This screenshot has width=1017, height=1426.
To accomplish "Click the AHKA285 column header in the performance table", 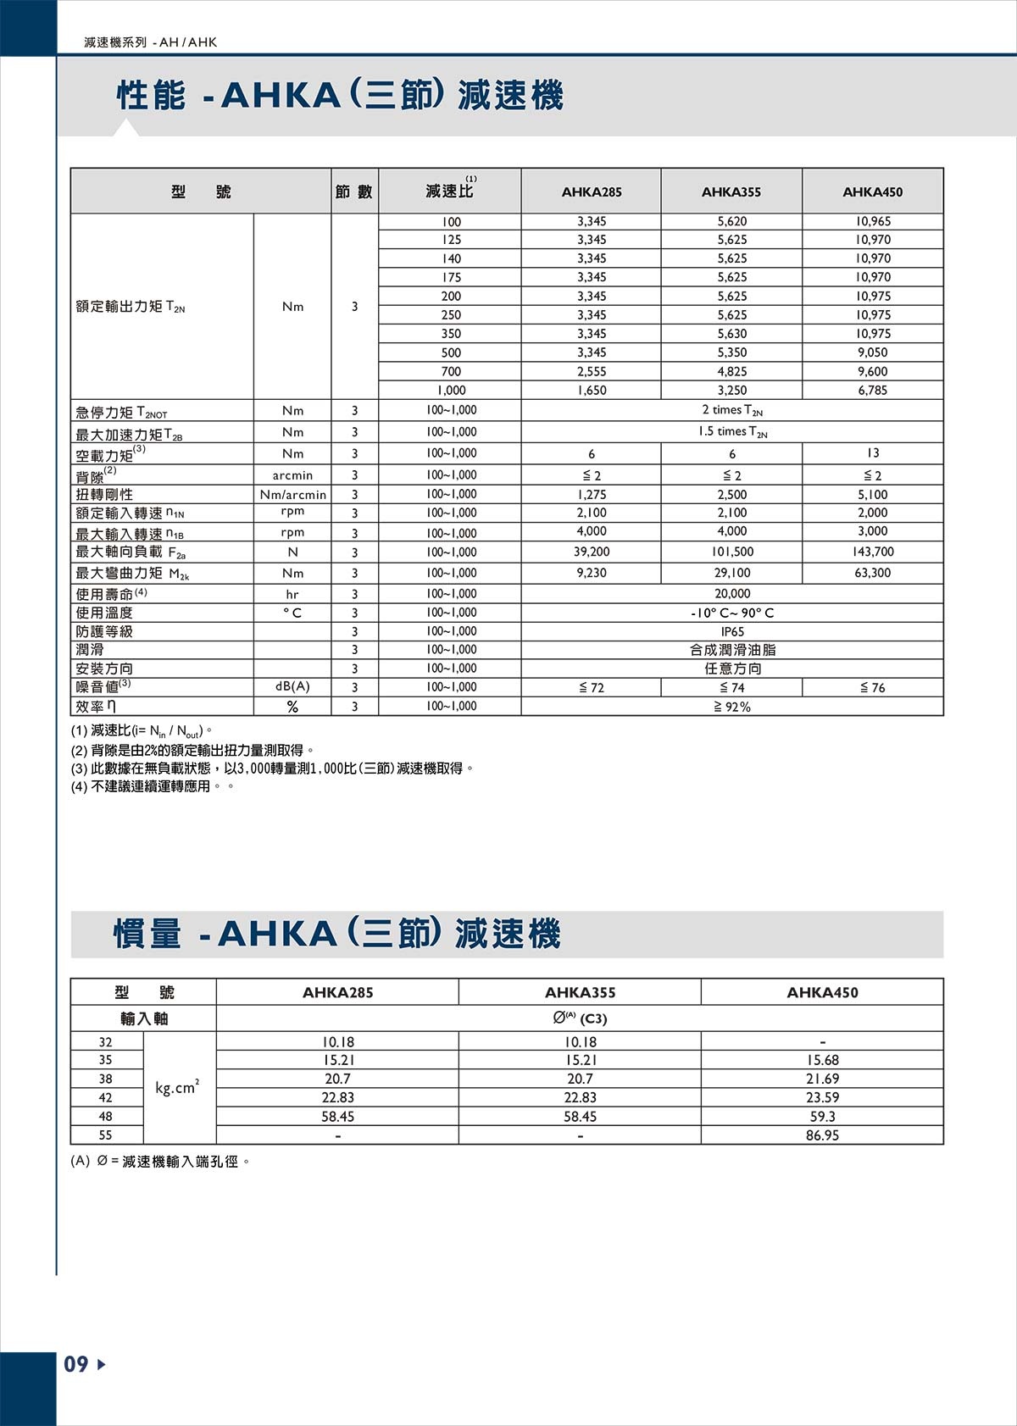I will [591, 192].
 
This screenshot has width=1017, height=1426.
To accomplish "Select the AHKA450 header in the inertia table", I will [822, 992].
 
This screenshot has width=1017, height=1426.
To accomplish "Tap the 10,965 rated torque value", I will [872, 221].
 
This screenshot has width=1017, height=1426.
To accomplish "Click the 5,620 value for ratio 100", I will [731, 221].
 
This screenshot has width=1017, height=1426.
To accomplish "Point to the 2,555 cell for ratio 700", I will [591, 371].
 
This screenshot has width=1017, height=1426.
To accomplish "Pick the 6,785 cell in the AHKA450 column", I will [872, 391].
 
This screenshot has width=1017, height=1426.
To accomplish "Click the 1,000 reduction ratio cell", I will [451, 391].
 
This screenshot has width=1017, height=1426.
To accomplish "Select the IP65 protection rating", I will [731, 631].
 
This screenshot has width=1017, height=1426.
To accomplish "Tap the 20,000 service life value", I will [731, 594].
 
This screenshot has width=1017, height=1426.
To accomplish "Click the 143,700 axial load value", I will [872, 552].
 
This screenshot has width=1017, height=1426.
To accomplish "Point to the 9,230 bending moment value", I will [591, 573].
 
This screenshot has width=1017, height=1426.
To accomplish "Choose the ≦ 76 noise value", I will [872, 688].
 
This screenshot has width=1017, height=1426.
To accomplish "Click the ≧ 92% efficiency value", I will [731, 707].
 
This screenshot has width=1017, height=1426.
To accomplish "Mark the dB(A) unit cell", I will [292, 687].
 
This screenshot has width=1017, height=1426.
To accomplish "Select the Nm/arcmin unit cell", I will [292, 495].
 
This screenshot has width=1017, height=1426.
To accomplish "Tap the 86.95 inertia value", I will [822, 1135].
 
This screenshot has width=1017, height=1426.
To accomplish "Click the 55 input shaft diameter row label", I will [105, 1135].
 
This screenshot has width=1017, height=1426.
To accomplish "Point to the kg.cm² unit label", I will [177, 1088].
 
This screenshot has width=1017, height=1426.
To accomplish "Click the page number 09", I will [76, 1364].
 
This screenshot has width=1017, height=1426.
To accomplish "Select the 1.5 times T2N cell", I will [731, 432].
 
